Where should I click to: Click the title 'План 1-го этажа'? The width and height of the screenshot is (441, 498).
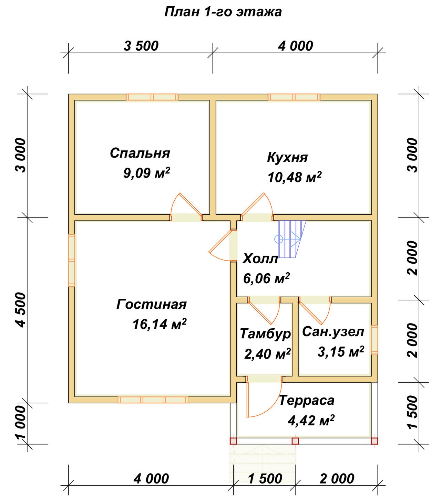pyautogui.click(x=223, y=12)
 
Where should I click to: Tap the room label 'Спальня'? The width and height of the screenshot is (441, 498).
pyautogui.click(x=140, y=153)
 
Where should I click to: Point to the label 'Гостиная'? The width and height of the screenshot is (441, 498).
pyautogui.click(x=151, y=304)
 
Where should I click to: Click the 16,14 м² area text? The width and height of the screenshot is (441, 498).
pyautogui.click(x=159, y=324)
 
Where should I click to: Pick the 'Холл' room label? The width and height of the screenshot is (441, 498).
pyautogui.click(x=260, y=258)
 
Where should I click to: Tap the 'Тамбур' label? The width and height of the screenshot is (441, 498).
pyautogui.click(x=265, y=334)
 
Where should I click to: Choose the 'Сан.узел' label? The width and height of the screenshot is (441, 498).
pyautogui.click(x=333, y=331)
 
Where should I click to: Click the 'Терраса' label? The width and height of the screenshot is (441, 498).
pyautogui.click(x=306, y=400)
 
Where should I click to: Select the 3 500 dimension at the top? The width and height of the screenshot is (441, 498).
pyautogui.click(x=141, y=46)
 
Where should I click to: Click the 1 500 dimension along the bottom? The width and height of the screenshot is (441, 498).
pyautogui.click(x=265, y=479)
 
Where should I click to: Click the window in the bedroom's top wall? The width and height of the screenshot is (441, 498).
pyautogui.click(x=152, y=97)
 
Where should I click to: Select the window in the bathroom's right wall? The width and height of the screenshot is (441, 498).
pyautogui.click(x=375, y=339)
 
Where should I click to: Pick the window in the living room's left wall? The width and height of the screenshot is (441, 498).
pyautogui.click(x=71, y=260)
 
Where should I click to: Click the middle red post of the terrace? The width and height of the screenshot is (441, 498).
pyautogui.click(x=295, y=441)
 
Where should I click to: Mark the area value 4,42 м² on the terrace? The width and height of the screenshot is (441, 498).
pyautogui.click(x=311, y=420)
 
